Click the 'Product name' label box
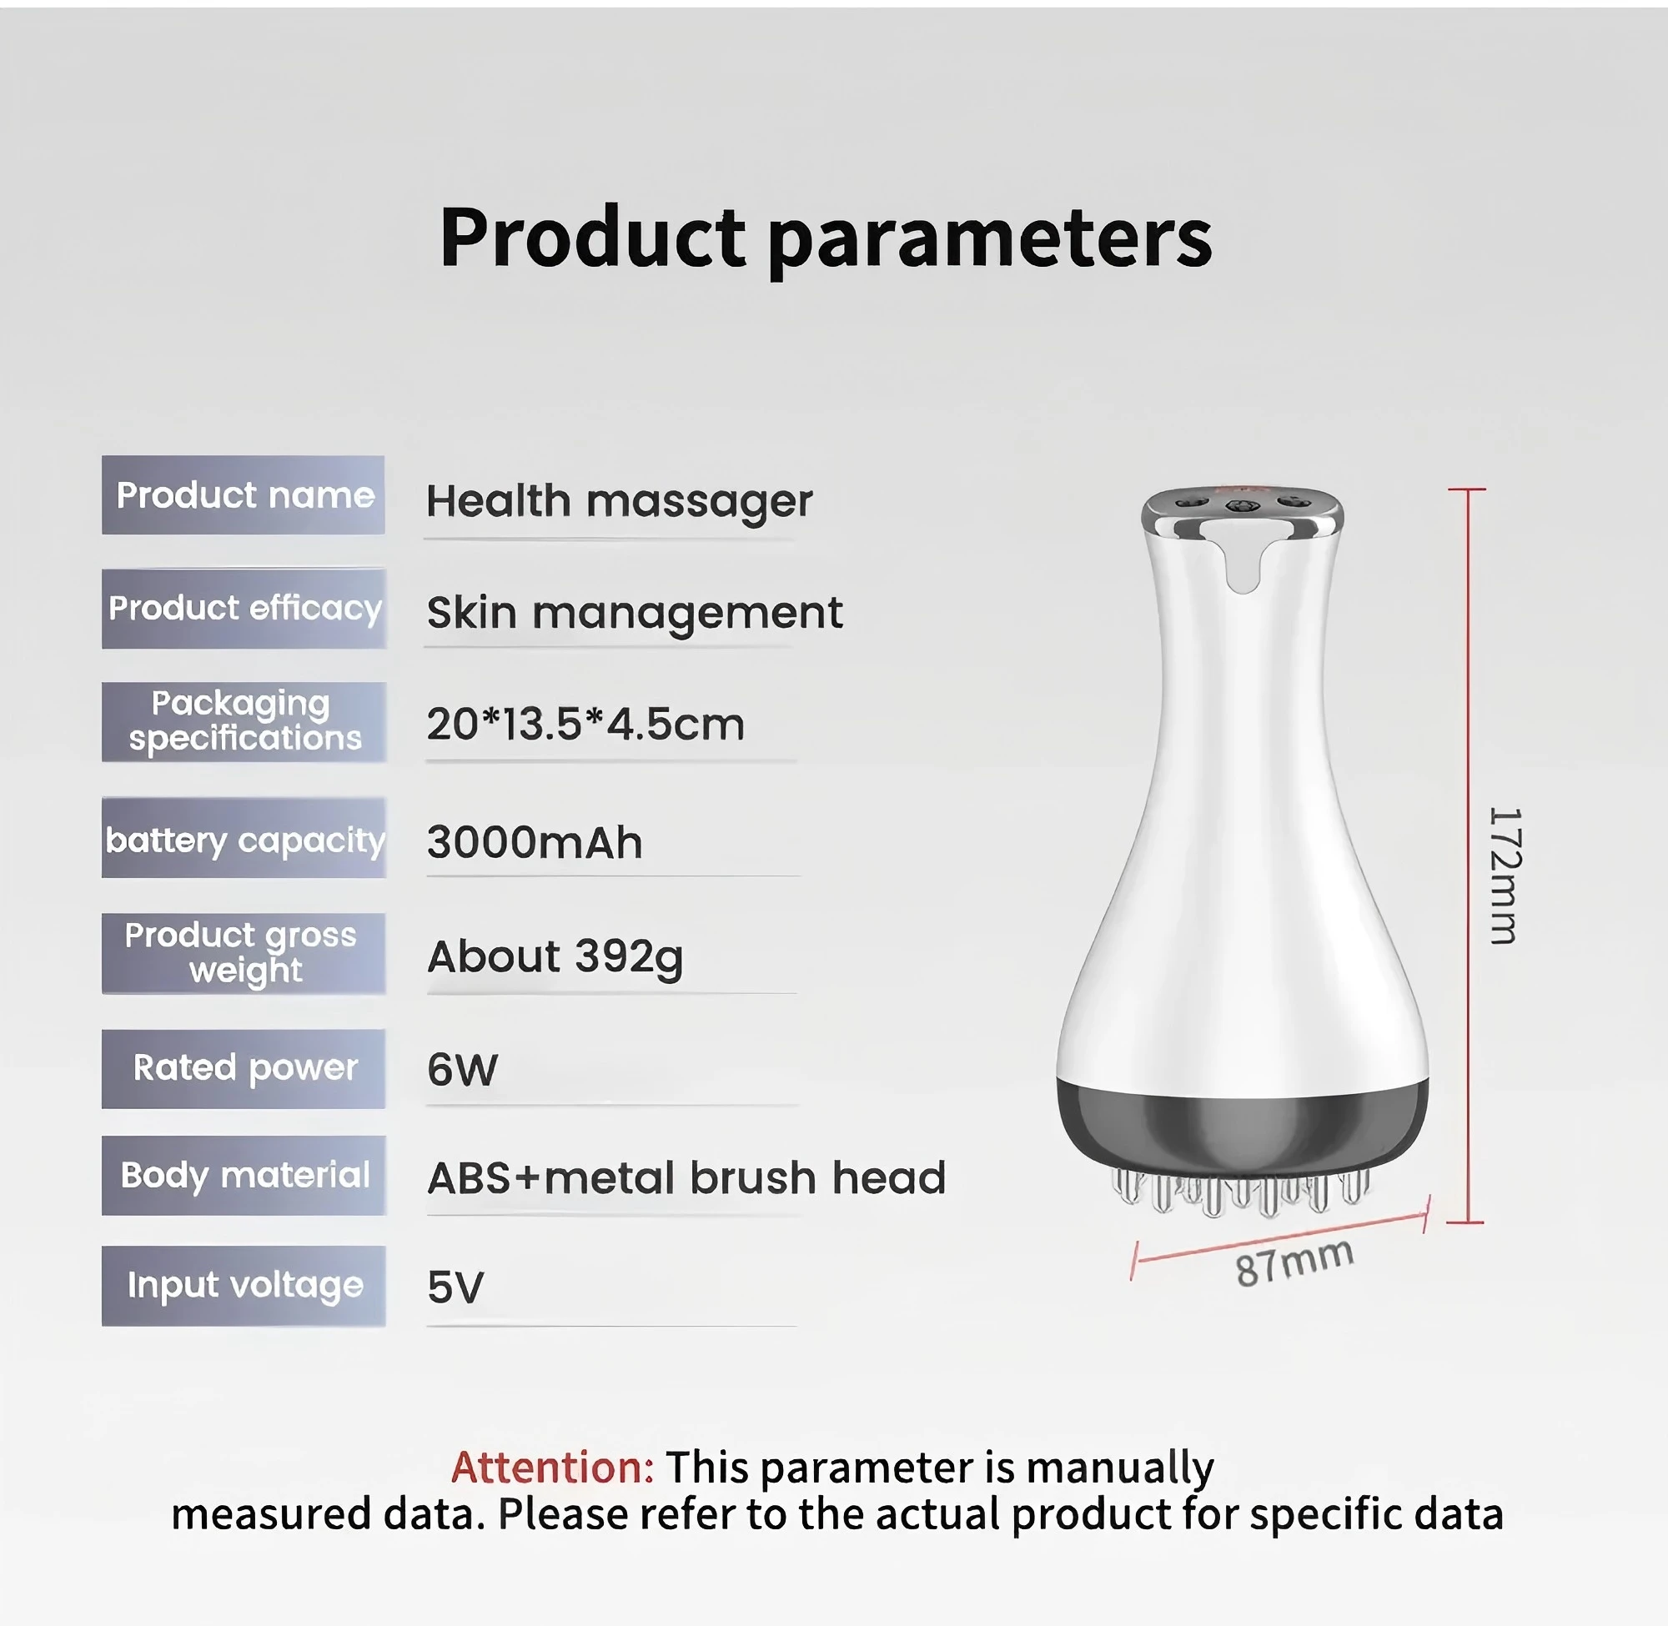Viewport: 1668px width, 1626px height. point(244,495)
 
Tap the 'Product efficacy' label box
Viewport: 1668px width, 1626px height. point(244,609)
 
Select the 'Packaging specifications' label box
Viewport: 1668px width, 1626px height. point(244,721)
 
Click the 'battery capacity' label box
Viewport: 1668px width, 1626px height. point(244,838)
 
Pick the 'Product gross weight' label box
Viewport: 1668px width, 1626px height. point(244,953)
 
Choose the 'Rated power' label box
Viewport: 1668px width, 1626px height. point(244,1068)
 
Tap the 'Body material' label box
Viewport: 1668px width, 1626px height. point(244,1175)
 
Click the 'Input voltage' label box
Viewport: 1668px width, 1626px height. point(244,1285)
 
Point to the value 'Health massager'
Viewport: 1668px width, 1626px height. point(619,501)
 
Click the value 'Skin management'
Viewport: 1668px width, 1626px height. point(635,613)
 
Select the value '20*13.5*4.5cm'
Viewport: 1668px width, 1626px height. point(586,725)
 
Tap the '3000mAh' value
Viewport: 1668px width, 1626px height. point(535,843)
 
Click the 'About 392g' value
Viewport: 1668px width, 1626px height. point(555,958)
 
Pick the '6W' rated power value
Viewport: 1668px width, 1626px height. point(462,1070)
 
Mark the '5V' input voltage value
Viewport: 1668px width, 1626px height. point(455,1287)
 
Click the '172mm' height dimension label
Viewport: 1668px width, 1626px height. point(1505,876)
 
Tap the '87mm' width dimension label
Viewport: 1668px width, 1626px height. point(1294,1262)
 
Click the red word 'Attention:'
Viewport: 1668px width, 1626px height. point(553,1468)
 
